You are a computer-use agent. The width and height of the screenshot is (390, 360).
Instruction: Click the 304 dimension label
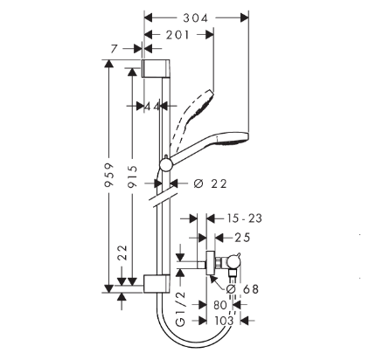195,18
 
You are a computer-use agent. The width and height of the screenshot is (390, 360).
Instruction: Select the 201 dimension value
178,35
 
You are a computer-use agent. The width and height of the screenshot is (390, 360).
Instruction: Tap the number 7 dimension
114,49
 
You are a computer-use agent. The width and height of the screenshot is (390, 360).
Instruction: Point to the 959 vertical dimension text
109,175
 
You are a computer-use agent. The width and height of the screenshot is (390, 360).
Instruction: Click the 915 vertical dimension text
133,177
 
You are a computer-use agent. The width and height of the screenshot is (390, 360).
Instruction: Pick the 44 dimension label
152,107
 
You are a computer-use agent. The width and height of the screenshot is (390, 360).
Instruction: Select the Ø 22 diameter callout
210,183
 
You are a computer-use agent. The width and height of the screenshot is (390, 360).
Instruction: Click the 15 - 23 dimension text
245,218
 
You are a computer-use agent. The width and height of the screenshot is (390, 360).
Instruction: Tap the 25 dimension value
242,238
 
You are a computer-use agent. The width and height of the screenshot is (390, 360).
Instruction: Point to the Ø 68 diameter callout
242,289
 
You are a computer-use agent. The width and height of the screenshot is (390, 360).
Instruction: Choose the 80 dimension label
220,305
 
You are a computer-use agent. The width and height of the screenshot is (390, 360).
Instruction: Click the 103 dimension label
224,321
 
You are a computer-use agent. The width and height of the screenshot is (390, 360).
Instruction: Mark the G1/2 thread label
181,309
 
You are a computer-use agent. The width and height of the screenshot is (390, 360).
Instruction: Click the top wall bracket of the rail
156,68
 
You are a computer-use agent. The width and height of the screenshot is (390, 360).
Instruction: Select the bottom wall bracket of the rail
156,283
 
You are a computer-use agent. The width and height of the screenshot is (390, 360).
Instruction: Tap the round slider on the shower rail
167,165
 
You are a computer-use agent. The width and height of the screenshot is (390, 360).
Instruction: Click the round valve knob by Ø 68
233,261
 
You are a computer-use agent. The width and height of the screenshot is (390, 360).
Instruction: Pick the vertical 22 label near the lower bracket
122,253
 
